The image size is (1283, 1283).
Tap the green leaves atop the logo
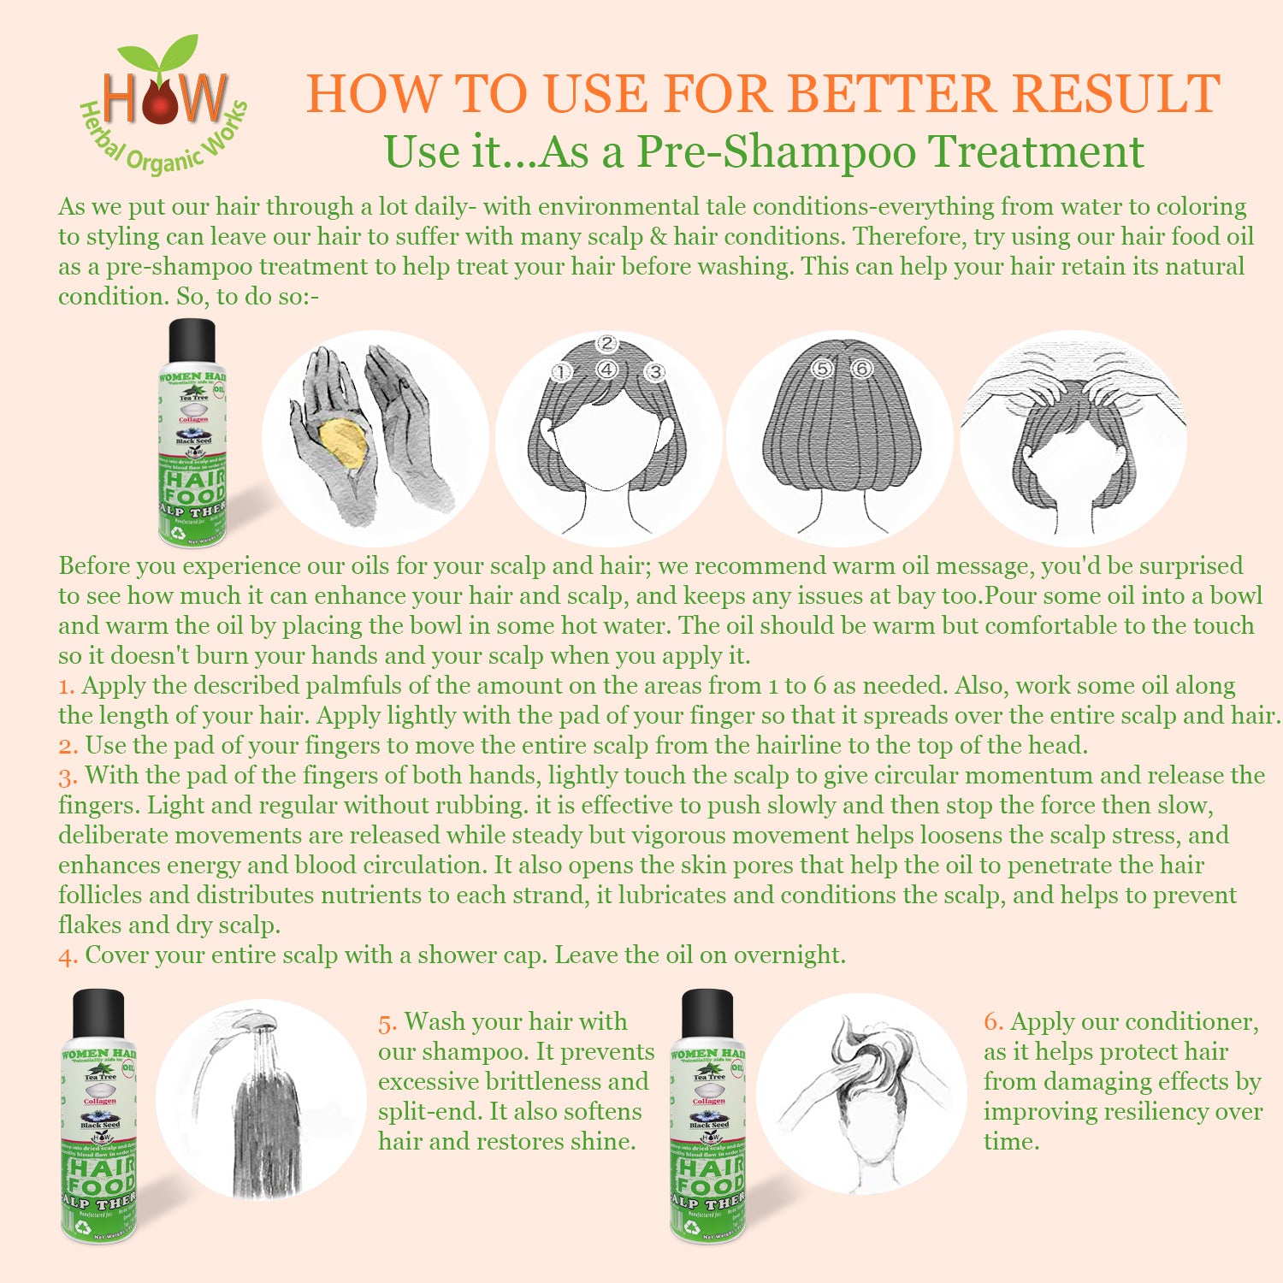coord(160,54)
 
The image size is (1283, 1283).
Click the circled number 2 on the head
coord(606,344)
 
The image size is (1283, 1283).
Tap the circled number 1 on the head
coord(561,372)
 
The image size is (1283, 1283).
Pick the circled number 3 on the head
coord(654,372)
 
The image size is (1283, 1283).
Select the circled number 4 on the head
coord(606,370)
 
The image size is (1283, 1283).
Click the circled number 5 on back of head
coord(822,369)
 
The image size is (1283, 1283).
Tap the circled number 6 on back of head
coord(860,369)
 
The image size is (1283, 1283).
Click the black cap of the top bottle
coord(192,340)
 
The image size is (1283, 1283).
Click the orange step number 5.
coord(387,1023)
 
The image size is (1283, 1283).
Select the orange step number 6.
coord(992,1022)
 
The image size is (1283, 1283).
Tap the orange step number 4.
coord(68,956)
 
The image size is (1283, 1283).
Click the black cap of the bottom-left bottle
coord(98,1013)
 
